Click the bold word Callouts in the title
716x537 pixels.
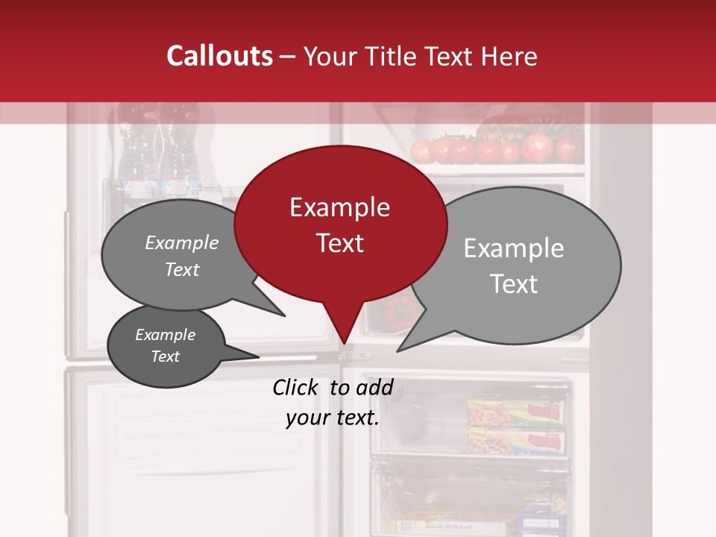coord(219,56)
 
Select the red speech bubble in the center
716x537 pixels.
coord(340,224)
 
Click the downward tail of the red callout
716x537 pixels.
coord(343,328)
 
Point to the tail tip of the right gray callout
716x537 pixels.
coord(400,349)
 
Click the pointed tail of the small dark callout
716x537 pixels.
coord(254,357)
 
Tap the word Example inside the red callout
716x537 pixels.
coord(339,207)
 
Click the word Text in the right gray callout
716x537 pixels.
coord(513,284)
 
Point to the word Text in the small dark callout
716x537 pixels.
coord(165,357)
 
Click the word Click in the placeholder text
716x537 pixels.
coord(296,387)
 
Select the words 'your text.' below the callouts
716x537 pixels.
coord(333,418)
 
